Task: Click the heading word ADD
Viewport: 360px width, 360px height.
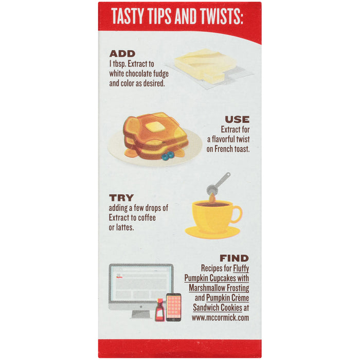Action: click(122, 53)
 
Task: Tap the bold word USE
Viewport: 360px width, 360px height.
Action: click(237, 119)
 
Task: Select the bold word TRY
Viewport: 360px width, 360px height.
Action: click(121, 197)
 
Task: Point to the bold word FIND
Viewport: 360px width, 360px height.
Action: click(234, 258)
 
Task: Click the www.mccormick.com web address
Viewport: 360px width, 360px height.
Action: click(221, 318)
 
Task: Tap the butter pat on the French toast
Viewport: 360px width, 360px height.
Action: click(155, 127)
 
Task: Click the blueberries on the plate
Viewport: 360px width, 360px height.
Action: click(168, 155)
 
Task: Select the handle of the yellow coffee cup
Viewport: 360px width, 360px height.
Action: click(237, 214)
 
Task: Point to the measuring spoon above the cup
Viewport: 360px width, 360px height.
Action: click(218, 184)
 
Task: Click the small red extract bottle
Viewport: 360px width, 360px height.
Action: click(160, 310)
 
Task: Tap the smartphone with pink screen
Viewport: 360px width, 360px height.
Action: click(174, 307)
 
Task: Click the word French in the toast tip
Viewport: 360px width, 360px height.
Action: click(224, 149)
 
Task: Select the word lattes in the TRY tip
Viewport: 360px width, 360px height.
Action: click(124, 227)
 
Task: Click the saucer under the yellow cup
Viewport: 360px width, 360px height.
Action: click(212, 232)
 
